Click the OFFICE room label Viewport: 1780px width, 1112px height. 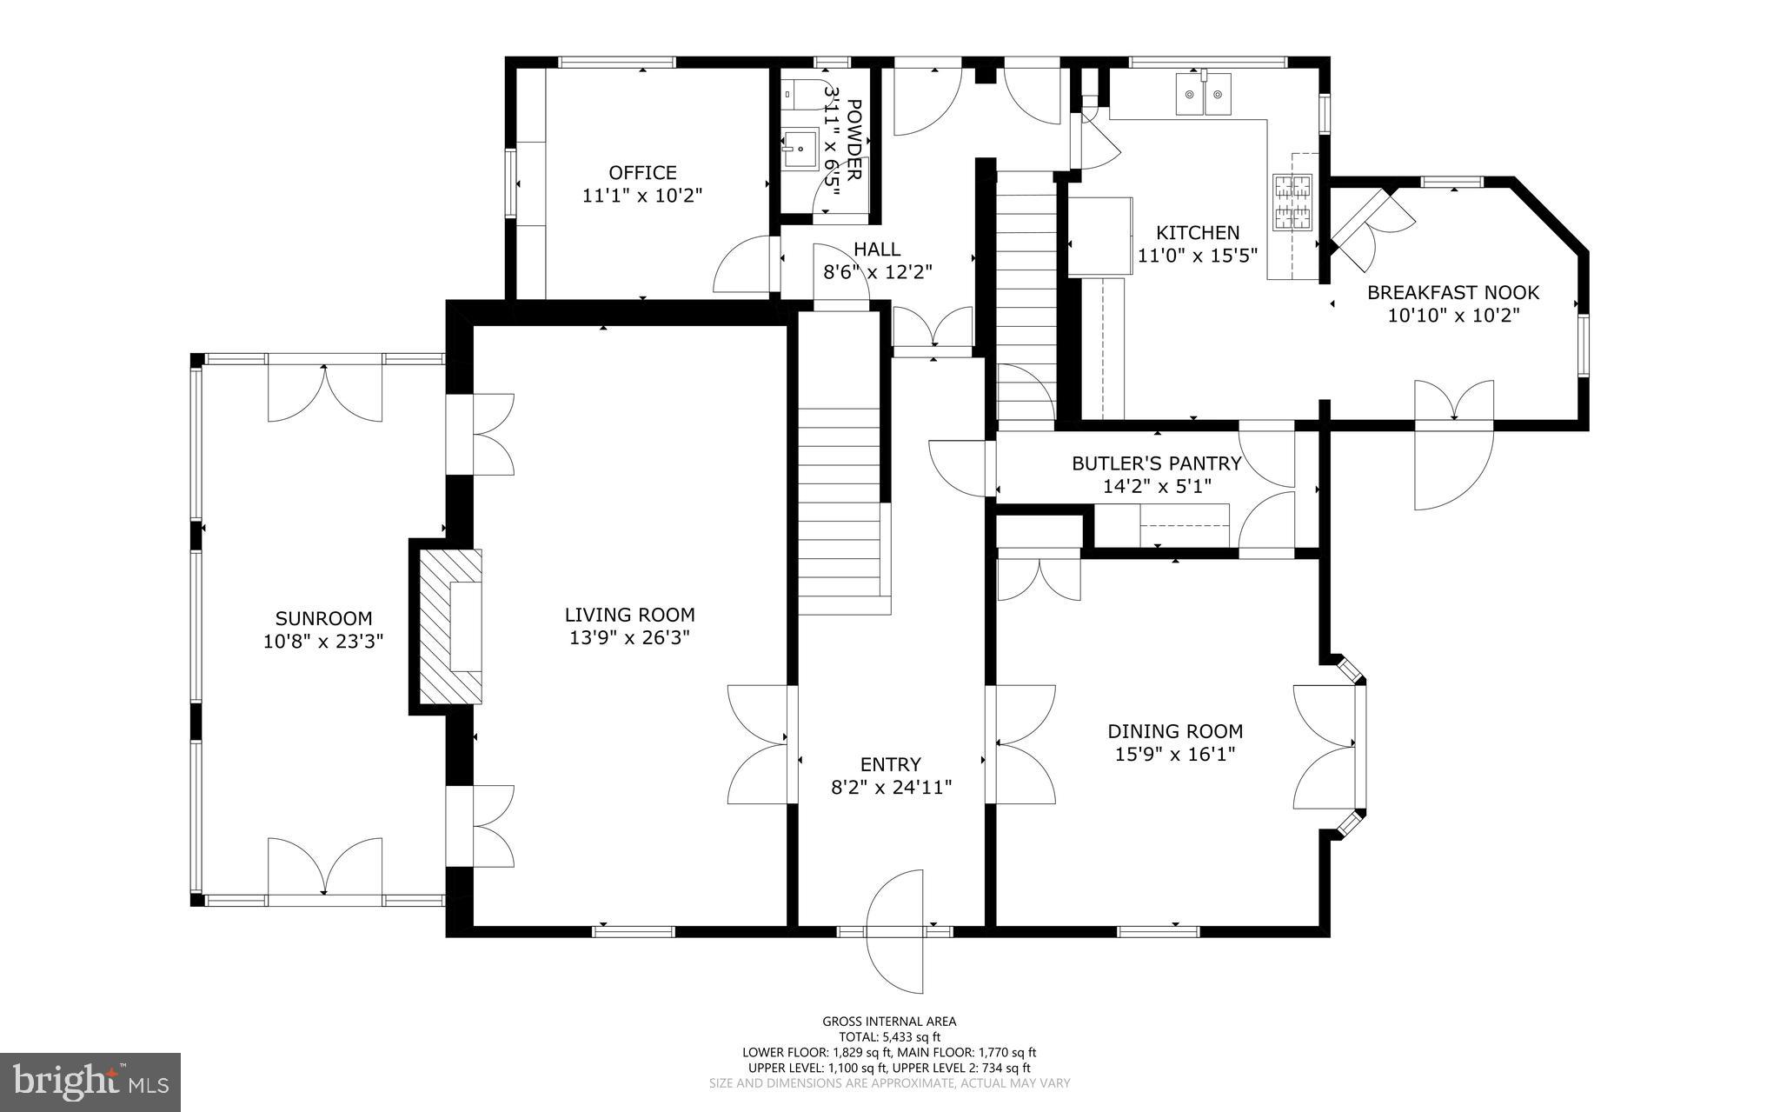click(x=642, y=172)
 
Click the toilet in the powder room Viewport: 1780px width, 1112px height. click(x=800, y=93)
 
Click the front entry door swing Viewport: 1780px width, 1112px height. click(x=895, y=930)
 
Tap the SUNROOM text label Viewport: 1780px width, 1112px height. click(x=323, y=618)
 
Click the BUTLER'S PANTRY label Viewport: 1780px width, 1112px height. click(x=1156, y=463)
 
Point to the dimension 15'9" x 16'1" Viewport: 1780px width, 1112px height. click(x=1175, y=754)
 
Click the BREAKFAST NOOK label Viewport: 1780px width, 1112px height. click(x=1453, y=292)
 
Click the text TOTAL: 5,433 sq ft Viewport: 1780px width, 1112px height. click(x=889, y=1036)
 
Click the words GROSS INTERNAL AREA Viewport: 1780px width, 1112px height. click(x=889, y=1022)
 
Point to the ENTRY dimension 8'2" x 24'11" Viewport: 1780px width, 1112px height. click(x=891, y=788)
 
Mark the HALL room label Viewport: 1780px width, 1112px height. click(x=877, y=250)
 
